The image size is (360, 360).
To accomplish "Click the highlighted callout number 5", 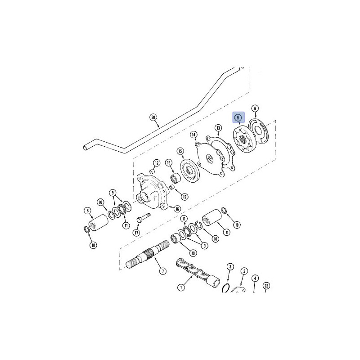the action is pyautogui.click(x=238, y=117).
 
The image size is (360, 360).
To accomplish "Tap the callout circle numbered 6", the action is pyautogui.click(x=255, y=108).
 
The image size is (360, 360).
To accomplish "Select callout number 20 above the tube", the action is pyautogui.click(x=153, y=117).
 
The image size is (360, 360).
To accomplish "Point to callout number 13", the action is pyautogui.click(x=218, y=128).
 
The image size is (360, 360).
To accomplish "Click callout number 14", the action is pyautogui.click(x=194, y=135).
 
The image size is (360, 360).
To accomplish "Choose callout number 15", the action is pyautogui.click(x=180, y=151).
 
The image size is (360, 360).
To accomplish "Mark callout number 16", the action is pyautogui.click(x=177, y=209).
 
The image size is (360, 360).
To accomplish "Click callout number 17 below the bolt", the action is pyautogui.click(x=136, y=233).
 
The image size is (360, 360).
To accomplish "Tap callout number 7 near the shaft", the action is pyautogui.click(x=163, y=271).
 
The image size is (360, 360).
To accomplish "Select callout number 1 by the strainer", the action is pyautogui.click(x=181, y=287).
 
